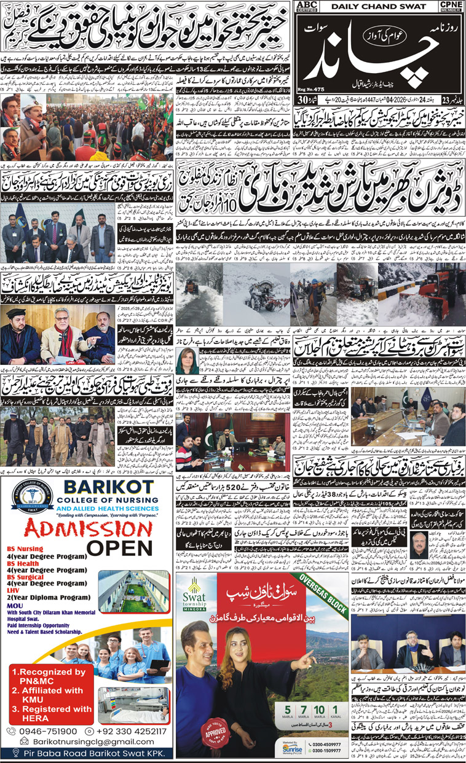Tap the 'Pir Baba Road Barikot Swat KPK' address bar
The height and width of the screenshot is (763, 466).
(86, 754)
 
